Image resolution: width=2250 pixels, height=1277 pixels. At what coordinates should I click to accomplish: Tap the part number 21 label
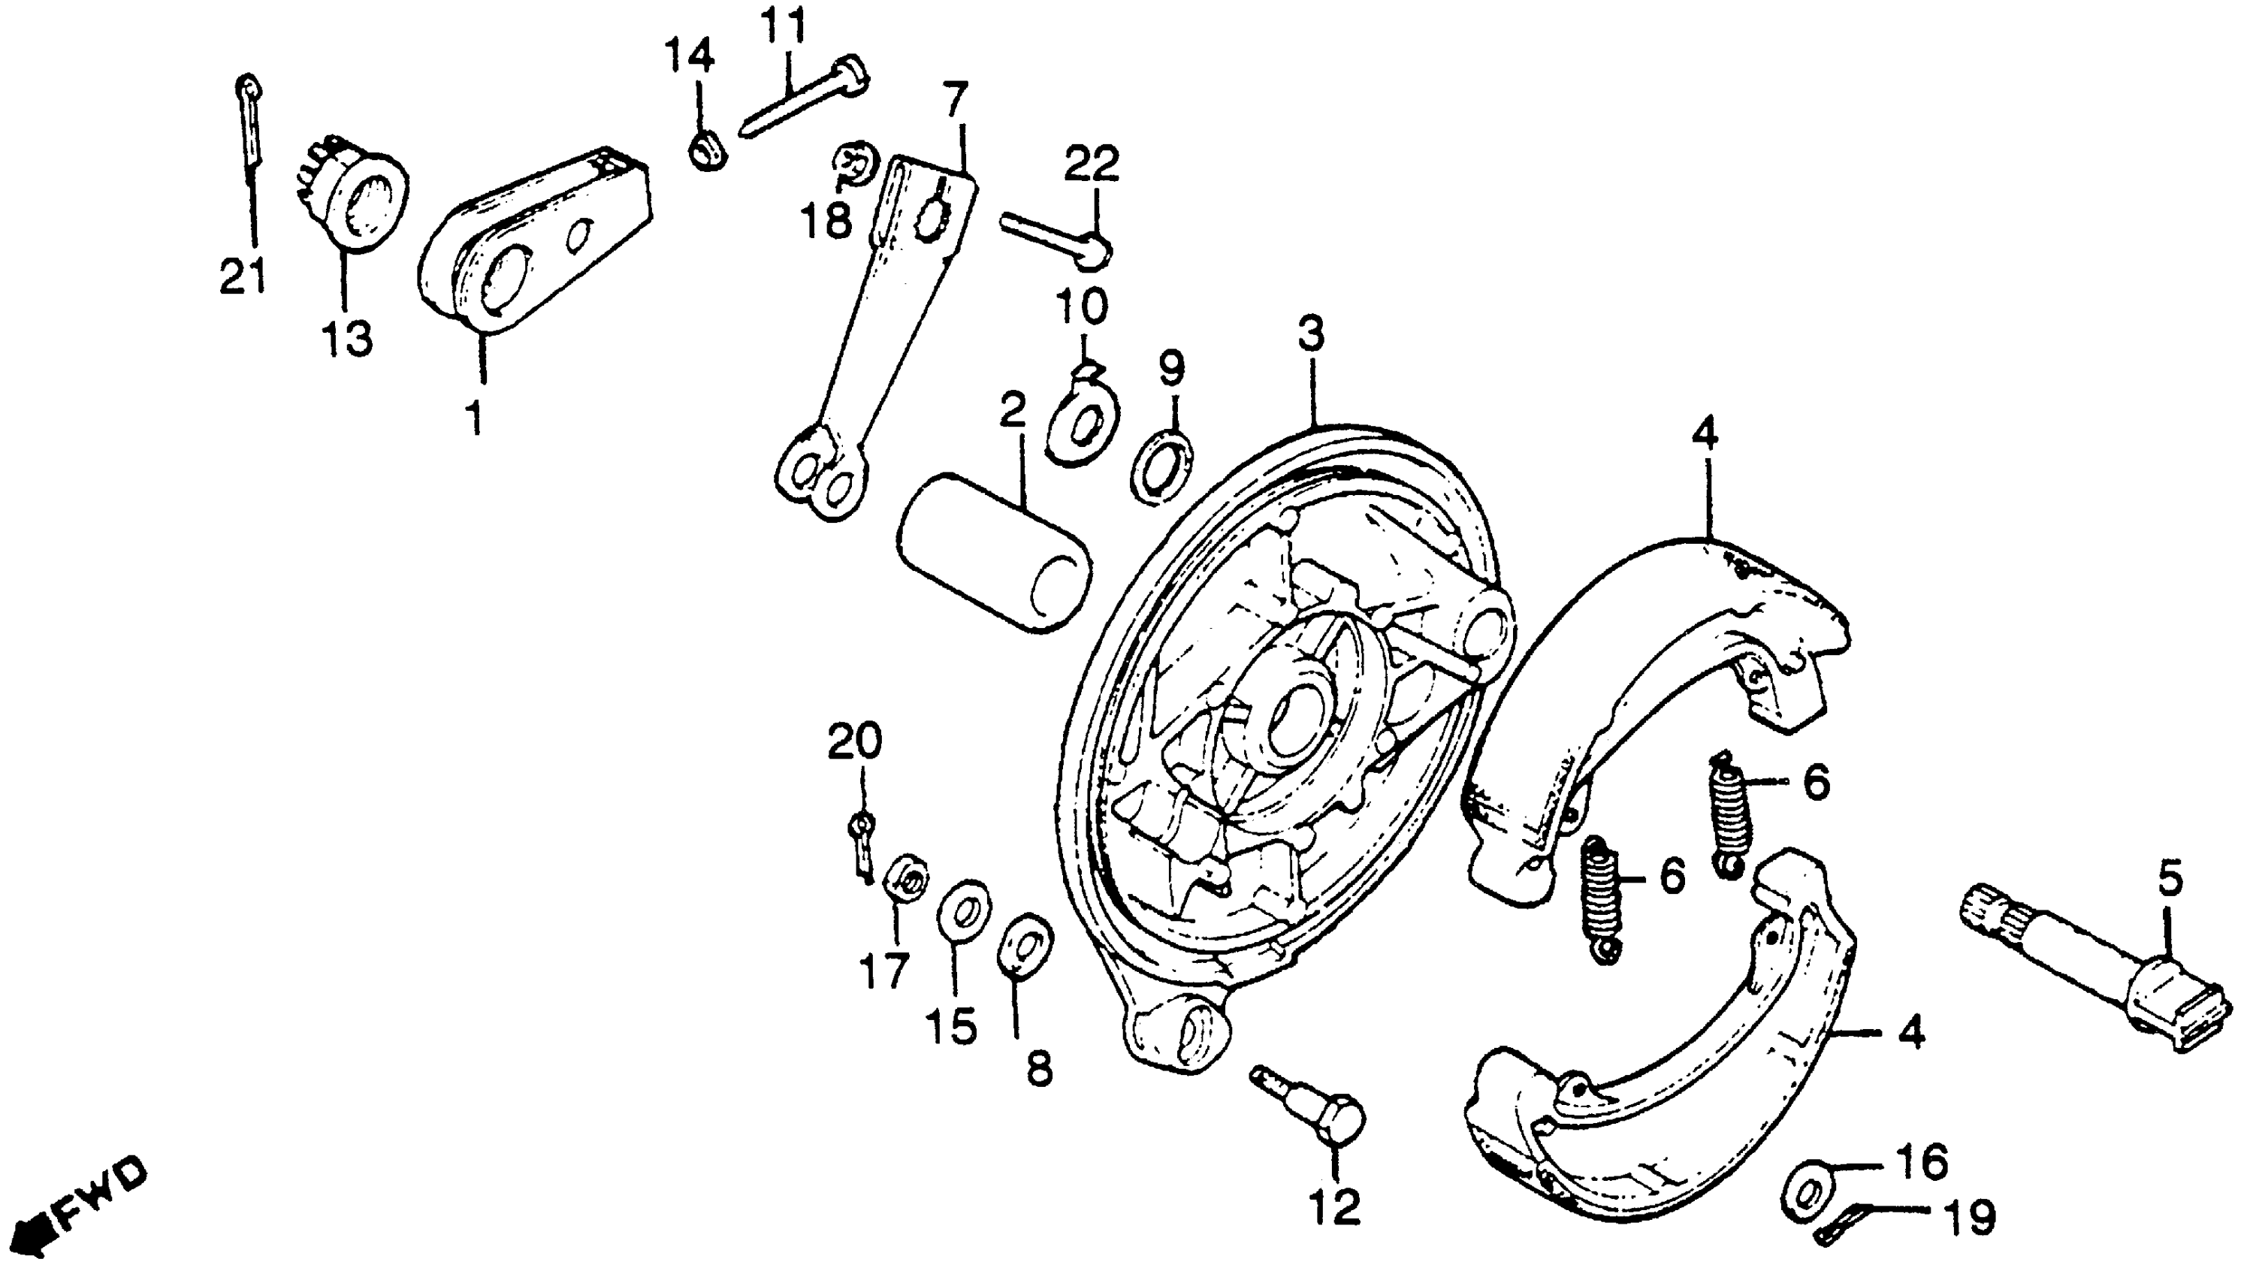241,277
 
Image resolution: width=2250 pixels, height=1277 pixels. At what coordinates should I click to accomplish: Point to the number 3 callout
1311,335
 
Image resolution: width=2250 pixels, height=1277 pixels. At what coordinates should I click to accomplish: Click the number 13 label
346,339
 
